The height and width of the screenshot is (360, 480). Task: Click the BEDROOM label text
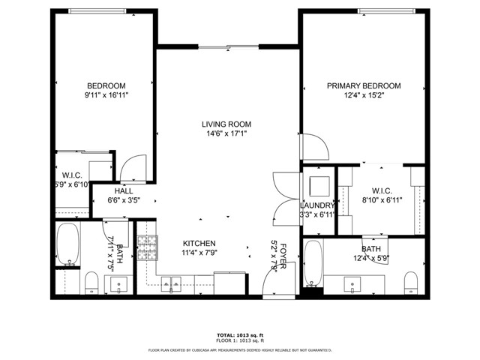pos(106,86)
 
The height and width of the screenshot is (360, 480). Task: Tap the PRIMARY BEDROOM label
pos(363,86)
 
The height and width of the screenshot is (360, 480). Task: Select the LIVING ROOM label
pos(226,124)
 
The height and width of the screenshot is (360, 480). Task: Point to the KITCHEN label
pos(199,244)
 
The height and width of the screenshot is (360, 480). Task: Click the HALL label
pos(124,191)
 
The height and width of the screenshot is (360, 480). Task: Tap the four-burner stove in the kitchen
pos(147,246)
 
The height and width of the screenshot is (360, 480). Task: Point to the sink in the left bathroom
pos(118,283)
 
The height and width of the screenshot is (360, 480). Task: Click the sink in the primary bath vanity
pos(352,283)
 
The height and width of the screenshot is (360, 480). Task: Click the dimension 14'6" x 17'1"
pos(226,134)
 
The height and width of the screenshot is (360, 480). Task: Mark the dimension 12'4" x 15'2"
pos(363,96)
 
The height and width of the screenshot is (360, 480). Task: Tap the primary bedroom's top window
pos(385,11)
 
